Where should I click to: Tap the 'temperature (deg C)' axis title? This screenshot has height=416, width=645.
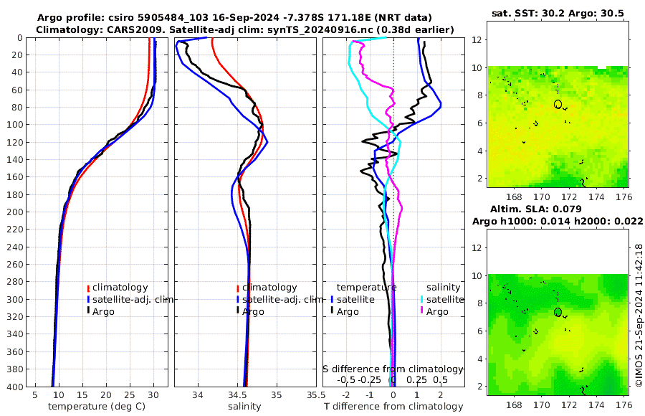(98, 407)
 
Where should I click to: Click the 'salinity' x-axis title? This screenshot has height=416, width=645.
(244, 407)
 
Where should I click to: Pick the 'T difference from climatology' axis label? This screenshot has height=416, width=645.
(393, 407)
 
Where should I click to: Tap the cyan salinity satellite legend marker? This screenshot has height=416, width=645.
(422, 299)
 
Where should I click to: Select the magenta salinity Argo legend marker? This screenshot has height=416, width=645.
(422, 311)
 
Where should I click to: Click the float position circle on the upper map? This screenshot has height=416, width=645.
(558, 104)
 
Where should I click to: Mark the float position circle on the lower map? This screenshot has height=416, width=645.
(558, 312)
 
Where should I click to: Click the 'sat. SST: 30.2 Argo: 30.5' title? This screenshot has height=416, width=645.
(556, 13)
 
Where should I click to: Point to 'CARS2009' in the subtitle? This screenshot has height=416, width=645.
(115, 29)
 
